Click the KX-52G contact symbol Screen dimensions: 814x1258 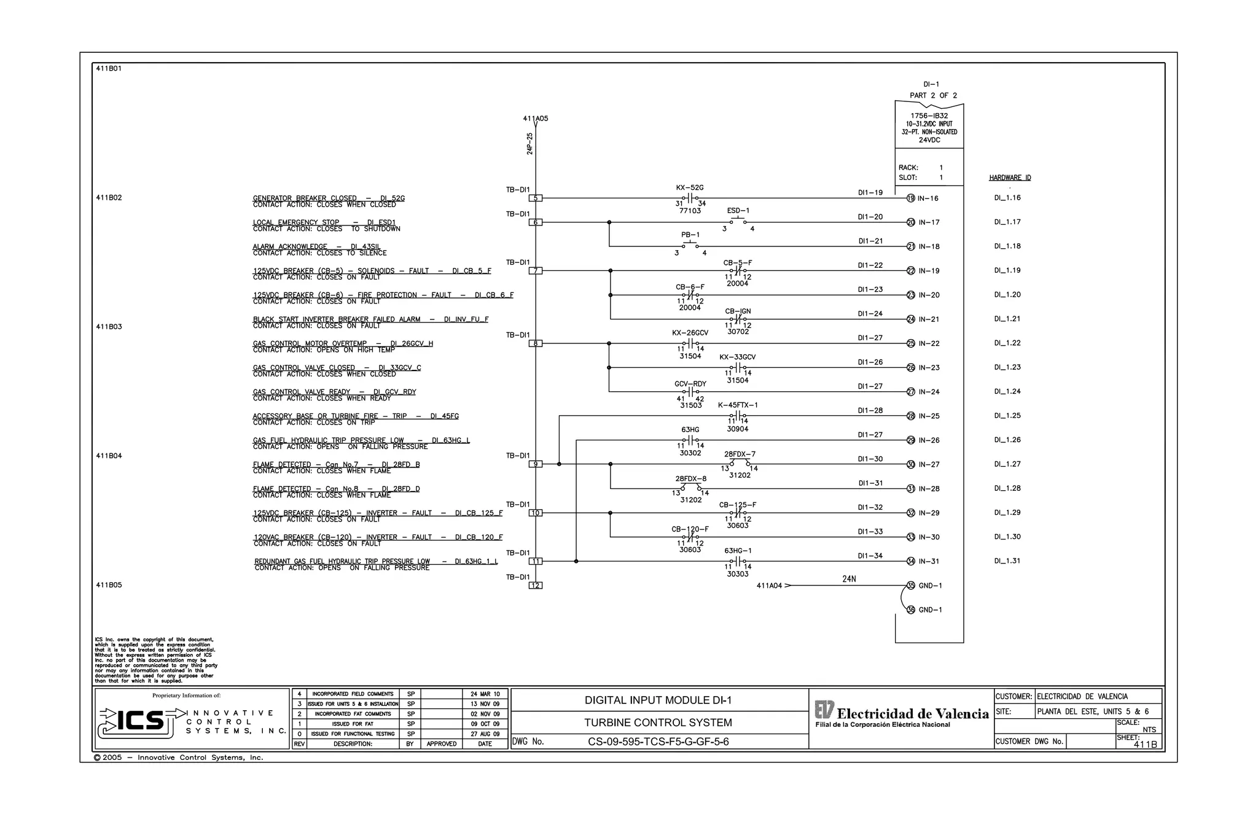pos(690,198)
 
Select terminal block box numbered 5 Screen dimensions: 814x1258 pos(536,198)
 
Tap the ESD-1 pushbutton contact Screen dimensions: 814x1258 pos(738,222)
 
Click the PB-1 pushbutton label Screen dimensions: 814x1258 pos(690,235)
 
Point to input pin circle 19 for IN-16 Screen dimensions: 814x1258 pos(911,198)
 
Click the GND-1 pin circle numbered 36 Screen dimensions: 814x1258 pos(911,610)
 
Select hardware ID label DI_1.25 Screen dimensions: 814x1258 pos(1007,416)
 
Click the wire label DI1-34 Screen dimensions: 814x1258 pos(870,556)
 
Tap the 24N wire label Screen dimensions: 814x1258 pos(849,579)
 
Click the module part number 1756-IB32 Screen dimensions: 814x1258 pos(929,115)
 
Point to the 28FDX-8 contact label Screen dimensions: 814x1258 pos(691,479)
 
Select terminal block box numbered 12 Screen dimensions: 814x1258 pos(536,585)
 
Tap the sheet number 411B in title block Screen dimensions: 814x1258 pos(1145,745)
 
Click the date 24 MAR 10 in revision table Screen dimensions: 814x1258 pos(485,694)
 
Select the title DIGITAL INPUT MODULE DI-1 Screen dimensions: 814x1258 pos(658,700)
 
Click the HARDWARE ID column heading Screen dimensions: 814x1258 pos(1010,178)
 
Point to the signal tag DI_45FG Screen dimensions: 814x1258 pos(445,417)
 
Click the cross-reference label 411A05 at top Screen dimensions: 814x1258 pos(536,119)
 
